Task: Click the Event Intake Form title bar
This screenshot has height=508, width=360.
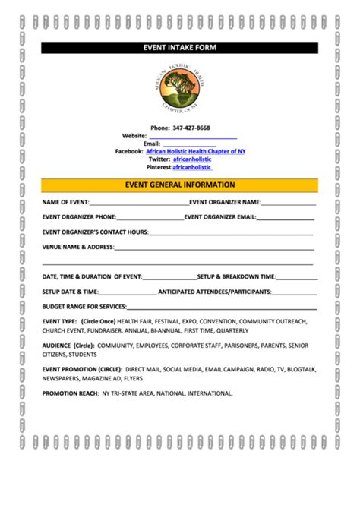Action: (180, 47)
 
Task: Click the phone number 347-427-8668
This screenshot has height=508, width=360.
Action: (191, 128)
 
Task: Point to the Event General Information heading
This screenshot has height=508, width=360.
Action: (180, 185)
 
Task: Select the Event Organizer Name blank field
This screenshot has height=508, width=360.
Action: (289, 204)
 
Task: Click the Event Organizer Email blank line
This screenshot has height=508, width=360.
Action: (286, 218)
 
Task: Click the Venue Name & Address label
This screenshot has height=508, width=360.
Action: (78, 247)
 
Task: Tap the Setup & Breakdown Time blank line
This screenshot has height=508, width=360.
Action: (296, 278)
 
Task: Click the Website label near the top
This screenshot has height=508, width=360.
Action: (134, 135)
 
